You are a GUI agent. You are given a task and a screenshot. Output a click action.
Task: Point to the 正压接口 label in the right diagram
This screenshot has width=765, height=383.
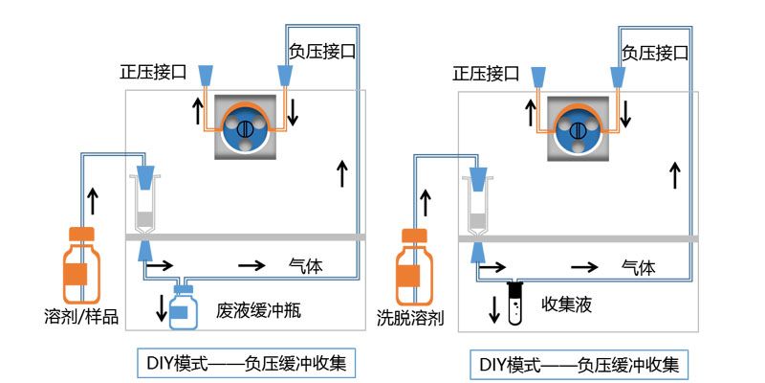[x=485, y=73]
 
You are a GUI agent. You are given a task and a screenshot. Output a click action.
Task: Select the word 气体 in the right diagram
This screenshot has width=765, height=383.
[x=638, y=267]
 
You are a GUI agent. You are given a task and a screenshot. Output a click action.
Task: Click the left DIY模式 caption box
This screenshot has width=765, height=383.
[x=248, y=363]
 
